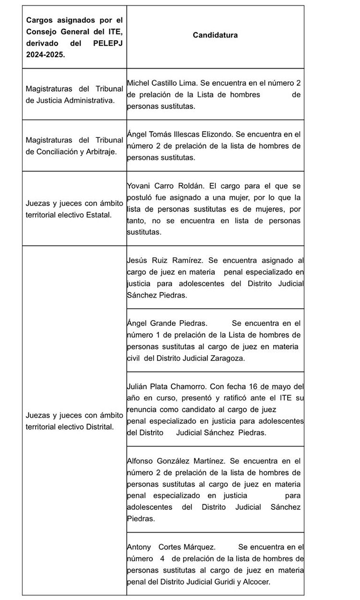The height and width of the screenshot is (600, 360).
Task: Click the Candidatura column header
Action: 215,35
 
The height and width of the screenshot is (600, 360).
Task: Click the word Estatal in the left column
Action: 99,214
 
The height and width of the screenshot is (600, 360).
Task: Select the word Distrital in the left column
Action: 97,427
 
